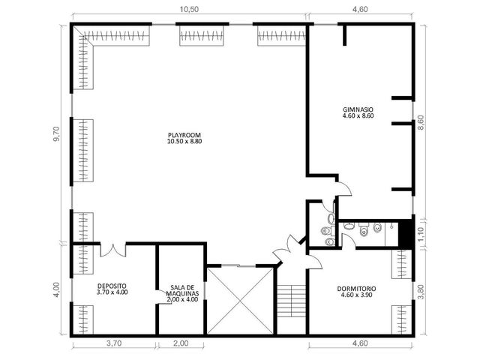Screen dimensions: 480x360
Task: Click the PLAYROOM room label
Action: tap(184, 138)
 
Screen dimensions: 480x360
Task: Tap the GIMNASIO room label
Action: tap(358, 112)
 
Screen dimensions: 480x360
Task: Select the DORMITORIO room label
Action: tap(357, 292)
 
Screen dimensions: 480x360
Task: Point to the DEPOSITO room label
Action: tap(112, 289)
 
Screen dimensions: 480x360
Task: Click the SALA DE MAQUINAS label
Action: tap(182, 293)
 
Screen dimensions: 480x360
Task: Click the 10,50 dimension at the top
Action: tap(189, 9)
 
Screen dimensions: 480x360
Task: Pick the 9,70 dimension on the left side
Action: tap(57, 134)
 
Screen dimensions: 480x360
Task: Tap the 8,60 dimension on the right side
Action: tap(421, 122)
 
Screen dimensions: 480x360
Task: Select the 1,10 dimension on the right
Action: tap(421, 234)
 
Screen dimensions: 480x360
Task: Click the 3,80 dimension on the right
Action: tap(421, 292)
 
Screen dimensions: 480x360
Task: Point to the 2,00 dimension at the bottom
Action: tap(181, 343)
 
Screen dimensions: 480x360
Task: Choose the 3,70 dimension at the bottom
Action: tap(114, 343)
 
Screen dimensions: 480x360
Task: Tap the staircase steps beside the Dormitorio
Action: tap(292, 301)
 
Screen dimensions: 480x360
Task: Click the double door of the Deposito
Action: tap(113, 250)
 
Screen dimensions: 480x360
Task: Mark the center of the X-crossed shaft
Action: tap(240, 300)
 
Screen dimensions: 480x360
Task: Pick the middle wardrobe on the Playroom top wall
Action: tap(202, 35)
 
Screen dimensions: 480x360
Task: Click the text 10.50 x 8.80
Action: tap(184, 142)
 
